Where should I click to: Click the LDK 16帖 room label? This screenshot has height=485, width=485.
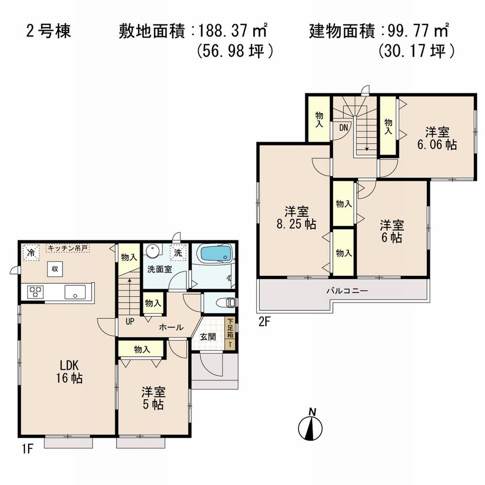coord(69,372)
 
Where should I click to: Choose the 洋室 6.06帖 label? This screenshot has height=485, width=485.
coord(437,138)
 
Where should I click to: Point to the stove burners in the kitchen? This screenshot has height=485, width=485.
coord(36,292)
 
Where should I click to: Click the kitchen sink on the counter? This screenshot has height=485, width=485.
coord(75,292)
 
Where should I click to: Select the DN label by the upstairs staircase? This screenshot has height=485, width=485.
coord(343,128)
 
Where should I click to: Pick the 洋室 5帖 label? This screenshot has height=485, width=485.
coord(152,397)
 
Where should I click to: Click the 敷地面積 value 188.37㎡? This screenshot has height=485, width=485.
coord(231,32)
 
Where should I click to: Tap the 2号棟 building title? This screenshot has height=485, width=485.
coord(48,32)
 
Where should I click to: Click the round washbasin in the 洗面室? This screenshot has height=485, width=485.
coord(153,252)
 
